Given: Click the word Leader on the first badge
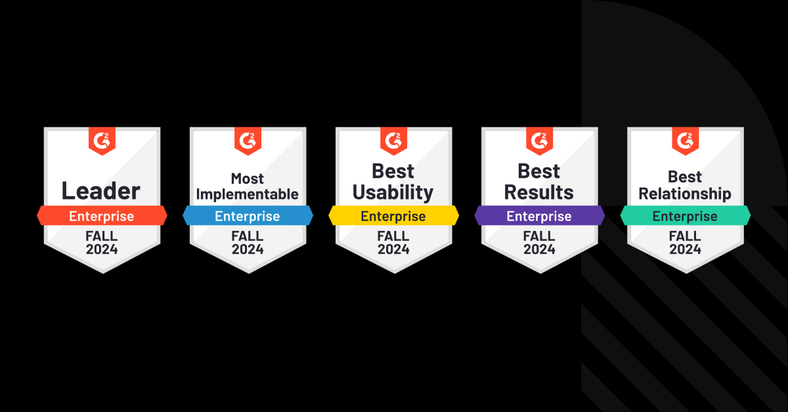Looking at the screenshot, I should point(101,191).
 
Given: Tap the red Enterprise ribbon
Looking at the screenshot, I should point(102,216).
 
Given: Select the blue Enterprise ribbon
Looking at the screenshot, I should point(248,216).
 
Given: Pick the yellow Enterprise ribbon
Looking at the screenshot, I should point(393,216).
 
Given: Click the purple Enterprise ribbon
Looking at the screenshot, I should point(539,216).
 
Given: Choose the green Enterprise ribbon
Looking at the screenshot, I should point(685,216).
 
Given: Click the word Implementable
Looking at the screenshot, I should point(248,194).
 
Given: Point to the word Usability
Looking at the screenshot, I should point(393,192).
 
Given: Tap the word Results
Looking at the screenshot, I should point(539,192).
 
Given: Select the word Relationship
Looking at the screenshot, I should point(685,194).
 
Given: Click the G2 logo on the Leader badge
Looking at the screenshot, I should point(102,140).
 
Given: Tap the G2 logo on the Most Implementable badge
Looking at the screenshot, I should point(248,140).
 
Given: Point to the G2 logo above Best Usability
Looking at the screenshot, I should point(393,140).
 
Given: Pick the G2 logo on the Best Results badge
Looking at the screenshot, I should point(539,140).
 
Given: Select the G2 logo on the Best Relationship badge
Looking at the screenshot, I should point(685,140).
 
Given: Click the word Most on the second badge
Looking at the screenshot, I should point(248,178).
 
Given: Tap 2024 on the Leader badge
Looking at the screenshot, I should point(102,249).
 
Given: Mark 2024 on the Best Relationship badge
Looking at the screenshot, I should point(685,249).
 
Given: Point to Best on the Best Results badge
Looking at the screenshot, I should point(539,171).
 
